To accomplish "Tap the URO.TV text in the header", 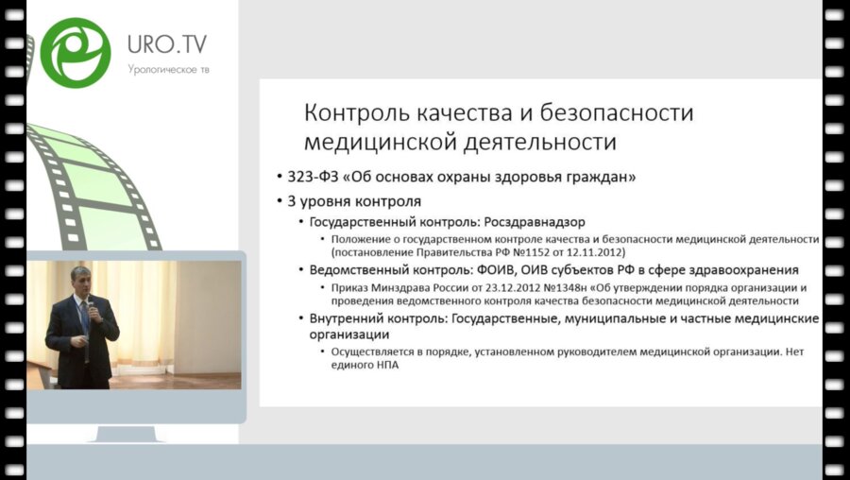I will [x=166, y=44].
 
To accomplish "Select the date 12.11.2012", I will [x=602, y=253].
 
